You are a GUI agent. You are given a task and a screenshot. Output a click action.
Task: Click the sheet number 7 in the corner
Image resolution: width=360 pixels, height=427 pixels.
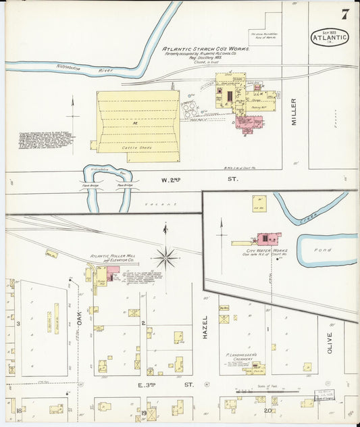pos(344,14)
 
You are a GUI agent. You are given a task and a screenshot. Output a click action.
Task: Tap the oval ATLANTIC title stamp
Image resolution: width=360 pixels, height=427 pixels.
pos(330,37)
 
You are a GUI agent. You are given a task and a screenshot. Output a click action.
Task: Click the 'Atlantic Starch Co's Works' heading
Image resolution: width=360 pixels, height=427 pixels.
pos(206,49)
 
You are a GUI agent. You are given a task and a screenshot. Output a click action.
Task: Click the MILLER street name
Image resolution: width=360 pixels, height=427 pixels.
pos(294,111)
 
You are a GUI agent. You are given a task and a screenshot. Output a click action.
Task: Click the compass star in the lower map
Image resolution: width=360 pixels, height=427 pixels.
pos(166,257)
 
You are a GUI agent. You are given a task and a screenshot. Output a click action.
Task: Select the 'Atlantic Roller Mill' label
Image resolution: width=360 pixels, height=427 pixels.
pos(113,257)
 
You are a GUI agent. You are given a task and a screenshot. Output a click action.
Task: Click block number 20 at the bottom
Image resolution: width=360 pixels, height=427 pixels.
pos(268,410)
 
